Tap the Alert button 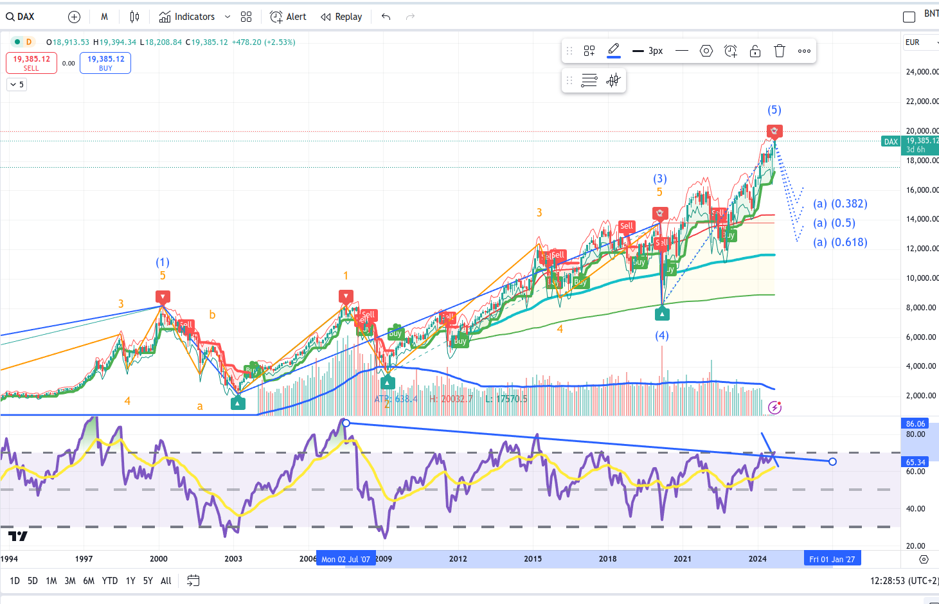click(x=289, y=17)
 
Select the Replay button click(x=342, y=17)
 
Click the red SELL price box click(x=31, y=62)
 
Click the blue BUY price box click(x=105, y=62)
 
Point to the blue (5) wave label click(x=774, y=110)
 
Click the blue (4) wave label click(x=662, y=335)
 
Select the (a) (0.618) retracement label click(x=840, y=242)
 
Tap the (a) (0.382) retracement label click(x=840, y=204)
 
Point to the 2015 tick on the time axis click(x=533, y=558)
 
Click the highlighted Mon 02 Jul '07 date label click(x=346, y=559)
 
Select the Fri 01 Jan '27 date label click(x=832, y=559)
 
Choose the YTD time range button click(x=110, y=581)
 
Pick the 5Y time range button click(x=148, y=581)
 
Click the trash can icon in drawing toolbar click(x=780, y=51)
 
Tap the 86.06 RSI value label click(x=916, y=423)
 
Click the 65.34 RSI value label click(x=916, y=462)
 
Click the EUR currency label click(x=913, y=42)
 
